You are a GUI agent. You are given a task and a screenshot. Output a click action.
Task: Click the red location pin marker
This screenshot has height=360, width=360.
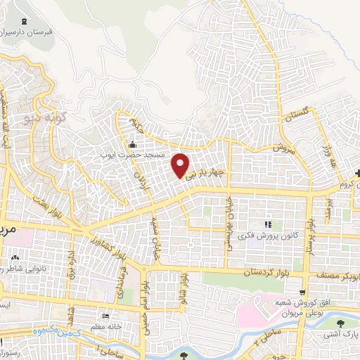point(181,166)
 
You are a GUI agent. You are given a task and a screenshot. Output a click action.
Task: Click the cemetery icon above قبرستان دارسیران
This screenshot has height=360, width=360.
point(26,21)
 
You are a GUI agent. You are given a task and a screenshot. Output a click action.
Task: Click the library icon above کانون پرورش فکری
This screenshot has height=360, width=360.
point(267,224)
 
